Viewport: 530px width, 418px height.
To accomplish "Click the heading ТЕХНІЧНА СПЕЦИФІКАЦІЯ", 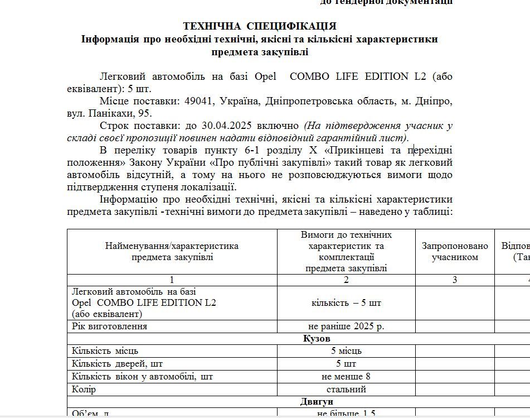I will [260, 26].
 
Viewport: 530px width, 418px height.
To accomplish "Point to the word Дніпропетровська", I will [305, 102].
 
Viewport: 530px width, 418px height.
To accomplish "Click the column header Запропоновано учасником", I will [455, 252].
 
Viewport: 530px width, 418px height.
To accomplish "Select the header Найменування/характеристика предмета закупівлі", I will [172, 252].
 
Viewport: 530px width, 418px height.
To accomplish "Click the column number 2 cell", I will [346, 280].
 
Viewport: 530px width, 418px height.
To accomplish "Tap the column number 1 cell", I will [172, 280].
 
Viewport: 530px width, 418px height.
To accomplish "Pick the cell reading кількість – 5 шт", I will [346, 303].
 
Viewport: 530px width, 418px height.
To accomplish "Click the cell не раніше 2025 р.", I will [346, 326].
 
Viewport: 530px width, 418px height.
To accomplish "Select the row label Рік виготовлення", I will [110, 326].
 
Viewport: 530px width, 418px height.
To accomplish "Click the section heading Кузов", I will [317, 339].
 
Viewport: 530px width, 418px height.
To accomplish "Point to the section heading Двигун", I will [317, 402].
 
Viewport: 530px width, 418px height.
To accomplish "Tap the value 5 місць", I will [346, 351].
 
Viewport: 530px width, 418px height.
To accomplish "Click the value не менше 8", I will [346, 377].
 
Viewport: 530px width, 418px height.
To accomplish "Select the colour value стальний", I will [346, 390].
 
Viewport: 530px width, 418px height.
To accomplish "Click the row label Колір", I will [84, 390].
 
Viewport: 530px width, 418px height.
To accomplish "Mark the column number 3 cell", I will [455, 280].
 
